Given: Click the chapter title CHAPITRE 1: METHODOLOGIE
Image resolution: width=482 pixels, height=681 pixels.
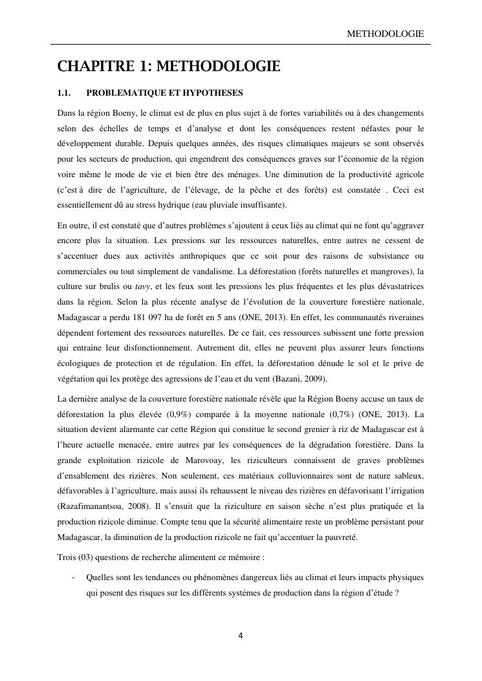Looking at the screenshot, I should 168,67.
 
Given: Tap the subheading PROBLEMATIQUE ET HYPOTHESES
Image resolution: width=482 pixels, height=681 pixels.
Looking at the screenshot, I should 164,93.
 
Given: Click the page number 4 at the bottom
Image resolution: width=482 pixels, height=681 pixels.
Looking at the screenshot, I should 241,635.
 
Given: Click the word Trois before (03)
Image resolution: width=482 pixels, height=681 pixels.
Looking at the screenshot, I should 68,558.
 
